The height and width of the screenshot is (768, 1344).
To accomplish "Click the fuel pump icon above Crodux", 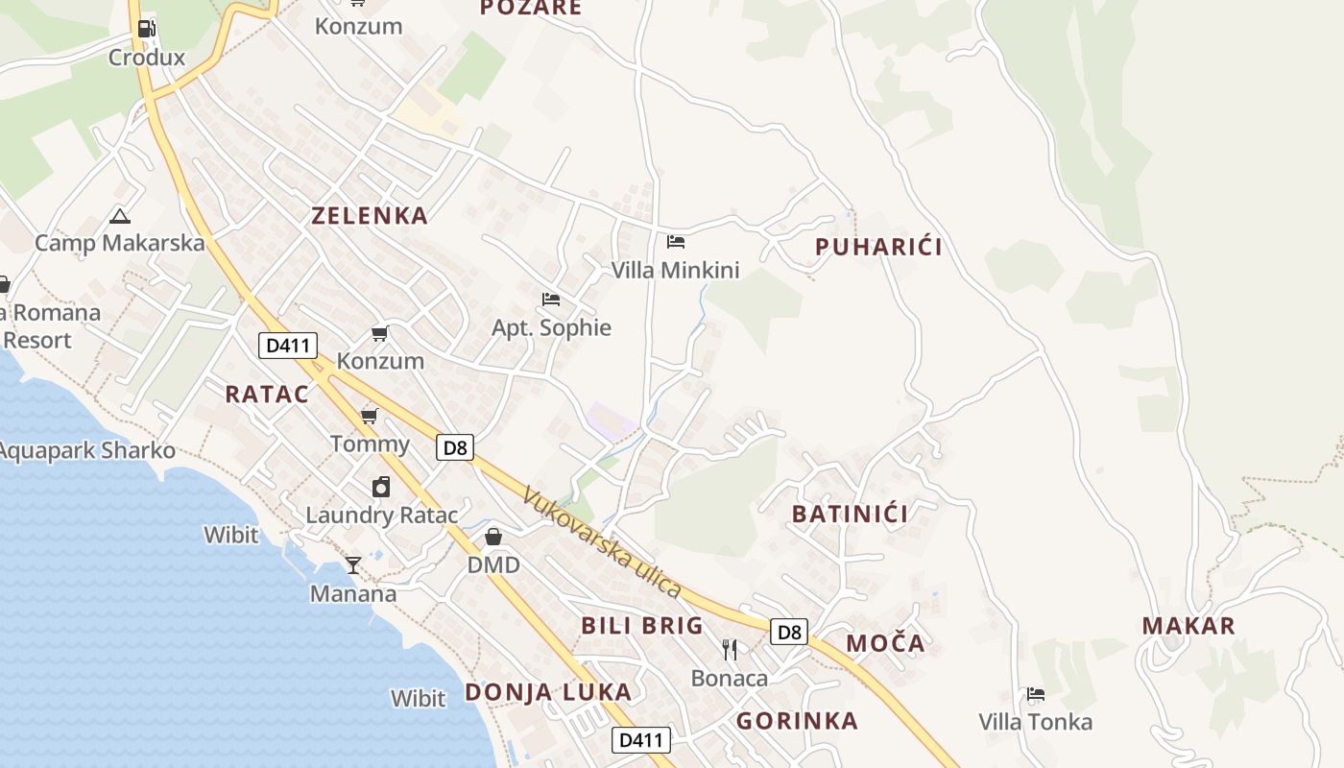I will [x=146, y=28].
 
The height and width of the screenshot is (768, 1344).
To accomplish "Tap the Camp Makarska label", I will [x=120, y=243].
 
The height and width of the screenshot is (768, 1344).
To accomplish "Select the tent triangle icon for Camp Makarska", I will [x=119, y=216].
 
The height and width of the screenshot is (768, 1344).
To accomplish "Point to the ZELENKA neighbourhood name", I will [x=370, y=215].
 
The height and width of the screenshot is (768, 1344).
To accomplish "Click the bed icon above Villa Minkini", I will [x=676, y=242].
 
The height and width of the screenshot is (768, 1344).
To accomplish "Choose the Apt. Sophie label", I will [x=551, y=327].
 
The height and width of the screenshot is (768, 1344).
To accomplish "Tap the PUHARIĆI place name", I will [x=878, y=247].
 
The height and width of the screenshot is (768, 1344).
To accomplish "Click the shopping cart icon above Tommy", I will [x=369, y=417].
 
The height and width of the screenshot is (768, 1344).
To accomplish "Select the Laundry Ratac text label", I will [x=382, y=515].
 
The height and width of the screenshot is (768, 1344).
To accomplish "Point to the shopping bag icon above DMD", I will [x=493, y=536].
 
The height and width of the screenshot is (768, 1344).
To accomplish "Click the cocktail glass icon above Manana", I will [x=353, y=565].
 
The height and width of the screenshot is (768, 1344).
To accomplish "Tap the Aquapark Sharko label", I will [x=87, y=450].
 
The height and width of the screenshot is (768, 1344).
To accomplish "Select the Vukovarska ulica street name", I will [x=602, y=542].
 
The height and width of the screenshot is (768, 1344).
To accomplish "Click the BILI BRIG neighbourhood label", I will [x=642, y=626].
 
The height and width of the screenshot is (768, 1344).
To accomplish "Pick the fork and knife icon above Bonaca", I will [x=730, y=650].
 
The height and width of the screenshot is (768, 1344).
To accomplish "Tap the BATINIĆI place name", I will [x=850, y=514].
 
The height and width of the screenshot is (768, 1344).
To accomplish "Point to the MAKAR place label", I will [x=1188, y=626].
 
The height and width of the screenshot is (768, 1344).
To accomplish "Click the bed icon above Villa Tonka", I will [x=1035, y=694].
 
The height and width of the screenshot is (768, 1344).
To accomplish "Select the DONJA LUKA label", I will [x=548, y=692].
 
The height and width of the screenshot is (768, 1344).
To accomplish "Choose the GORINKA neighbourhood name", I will [x=797, y=721].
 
